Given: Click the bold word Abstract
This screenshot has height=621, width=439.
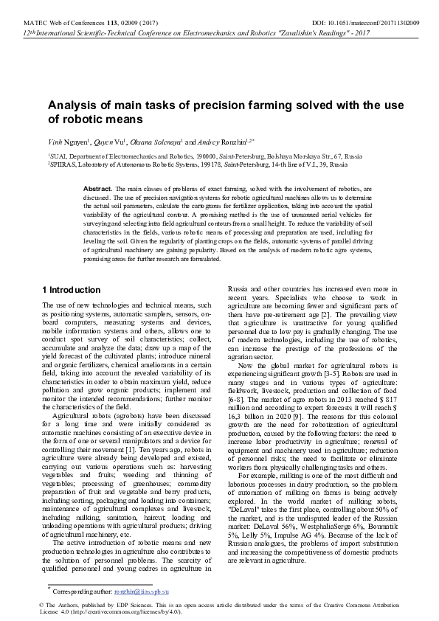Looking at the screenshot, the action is click(x=97, y=190).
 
